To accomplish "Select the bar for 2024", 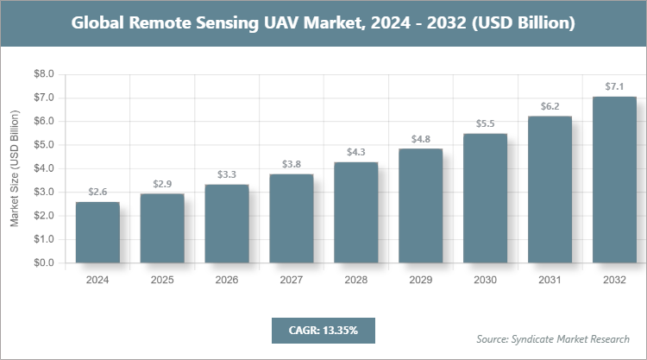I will tap(97, 232).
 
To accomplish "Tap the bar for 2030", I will tap(486, 199).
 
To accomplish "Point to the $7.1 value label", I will tap(614, 86).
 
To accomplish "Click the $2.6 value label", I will tap(97, 192).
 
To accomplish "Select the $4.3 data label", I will tap(356, 152).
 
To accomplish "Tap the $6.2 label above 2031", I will tap(550, 106).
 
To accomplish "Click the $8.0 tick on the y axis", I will tap(43, 74).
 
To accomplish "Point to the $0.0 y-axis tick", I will tap(43, 263).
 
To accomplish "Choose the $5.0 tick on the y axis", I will tap(43, 145).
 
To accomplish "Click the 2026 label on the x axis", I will tap(227, 281).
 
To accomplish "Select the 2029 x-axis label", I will tap(421, 281).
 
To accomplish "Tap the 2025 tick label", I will tap(162, 281).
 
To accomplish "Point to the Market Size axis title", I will tap(15, 169).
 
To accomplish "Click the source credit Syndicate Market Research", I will tap(553, 338).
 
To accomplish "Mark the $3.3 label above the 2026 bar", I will tap(227, 175).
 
